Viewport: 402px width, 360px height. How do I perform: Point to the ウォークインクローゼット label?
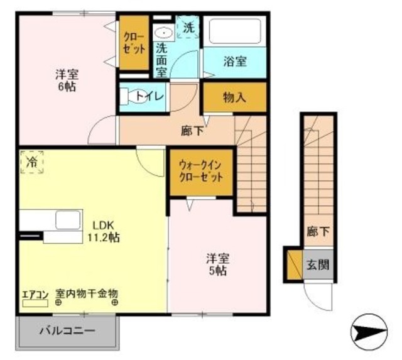pos(201,170)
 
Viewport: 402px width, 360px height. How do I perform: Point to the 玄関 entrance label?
pos(317,264)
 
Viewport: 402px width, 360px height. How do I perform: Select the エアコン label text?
pos(35,293)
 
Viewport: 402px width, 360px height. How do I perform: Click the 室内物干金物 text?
pos(87,293)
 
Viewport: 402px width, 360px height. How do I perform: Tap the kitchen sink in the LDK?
pos(67,221)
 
